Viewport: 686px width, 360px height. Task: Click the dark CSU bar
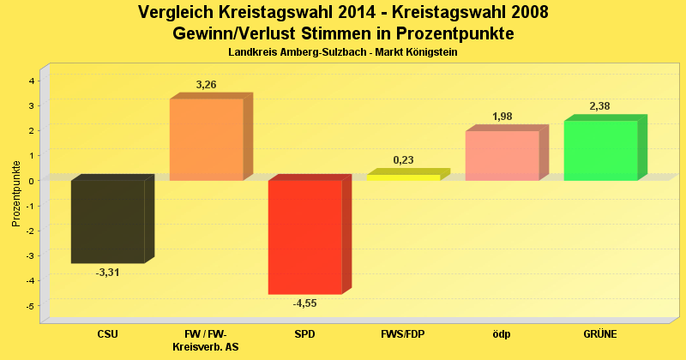(x=107, y=221)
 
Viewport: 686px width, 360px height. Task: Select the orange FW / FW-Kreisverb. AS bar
(x=206, y=139)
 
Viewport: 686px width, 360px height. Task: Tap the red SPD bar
(x=304, y=237)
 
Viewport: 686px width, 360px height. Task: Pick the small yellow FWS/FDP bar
(x=403, y=177)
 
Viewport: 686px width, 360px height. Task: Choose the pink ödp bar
(x=502, y=155)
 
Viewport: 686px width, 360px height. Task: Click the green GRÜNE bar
(x=600, y=150)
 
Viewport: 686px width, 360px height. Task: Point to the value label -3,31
(x=107, y=272)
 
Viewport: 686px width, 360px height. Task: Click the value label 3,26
(x=206, y=85)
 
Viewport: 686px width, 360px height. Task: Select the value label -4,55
(x=304, y=303)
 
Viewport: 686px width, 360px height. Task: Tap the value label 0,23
(x=403, y=159)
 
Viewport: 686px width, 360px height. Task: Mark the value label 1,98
(x=502, y=117)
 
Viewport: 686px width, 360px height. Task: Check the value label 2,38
(x=600, y=106)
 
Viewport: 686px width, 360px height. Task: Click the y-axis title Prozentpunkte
(x=16, y=194)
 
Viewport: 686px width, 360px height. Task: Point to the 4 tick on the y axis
(x=32, y=81)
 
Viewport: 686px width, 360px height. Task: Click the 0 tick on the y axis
(x=32, y=181)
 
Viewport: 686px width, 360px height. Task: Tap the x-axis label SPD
(x=304, y=333)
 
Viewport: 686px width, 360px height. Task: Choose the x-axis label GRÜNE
(x=600, y=333)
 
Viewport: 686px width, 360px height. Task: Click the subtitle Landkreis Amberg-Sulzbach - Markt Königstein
(x=343, y=53)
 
